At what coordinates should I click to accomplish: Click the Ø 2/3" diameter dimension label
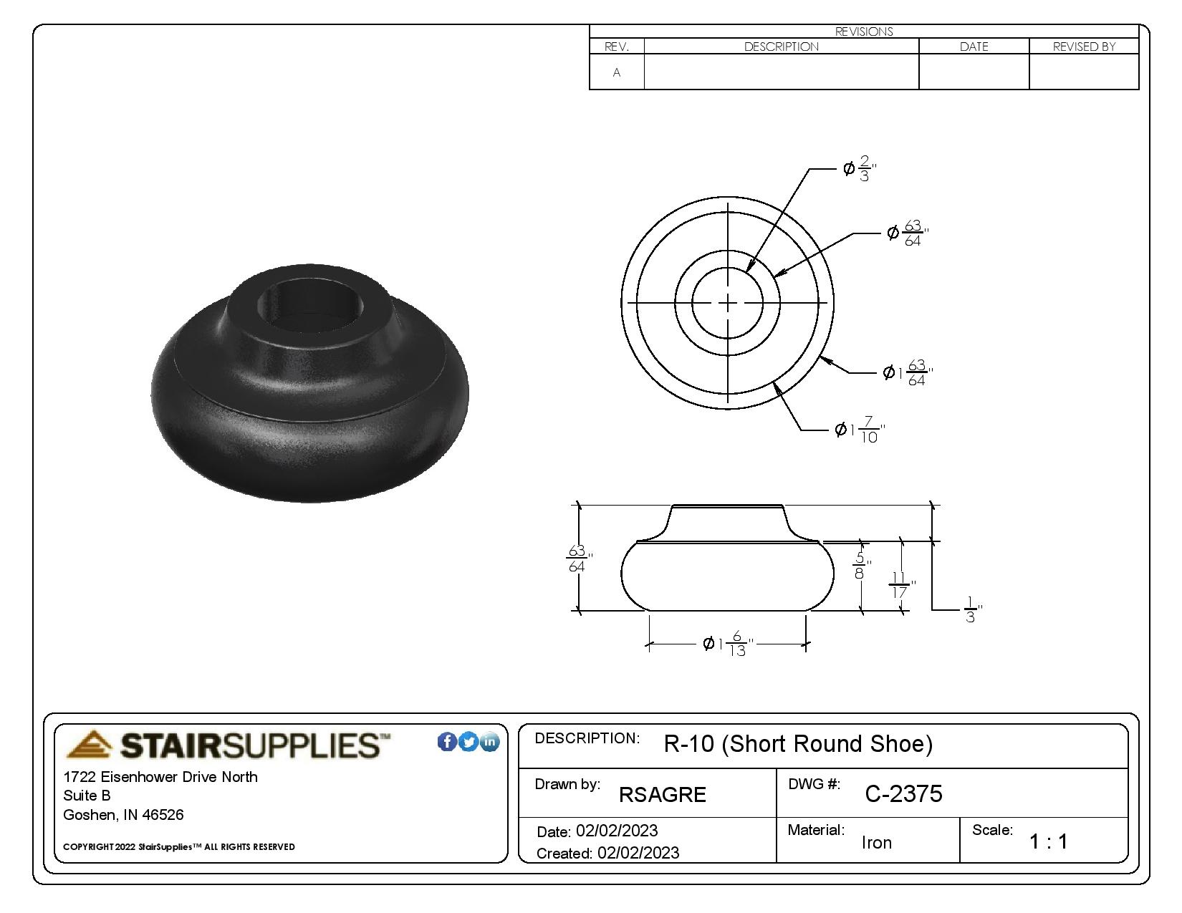click(x=860, y=168)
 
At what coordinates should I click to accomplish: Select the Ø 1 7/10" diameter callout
click(x=860, y=430)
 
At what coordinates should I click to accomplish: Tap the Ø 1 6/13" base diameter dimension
click(x=728, y=644)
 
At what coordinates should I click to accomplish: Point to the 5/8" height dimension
click(x=861, y=565)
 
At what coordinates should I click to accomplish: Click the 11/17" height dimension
click(x=901, y=584)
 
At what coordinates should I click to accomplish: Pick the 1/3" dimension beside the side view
click(x=973, y=609)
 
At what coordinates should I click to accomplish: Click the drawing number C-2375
click(x=903, y=794)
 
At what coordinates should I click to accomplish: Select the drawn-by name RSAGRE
click(x=662, y=795)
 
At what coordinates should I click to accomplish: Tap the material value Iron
click(x=876, y=842)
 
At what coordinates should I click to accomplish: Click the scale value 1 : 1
click(x=1048, y=842)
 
